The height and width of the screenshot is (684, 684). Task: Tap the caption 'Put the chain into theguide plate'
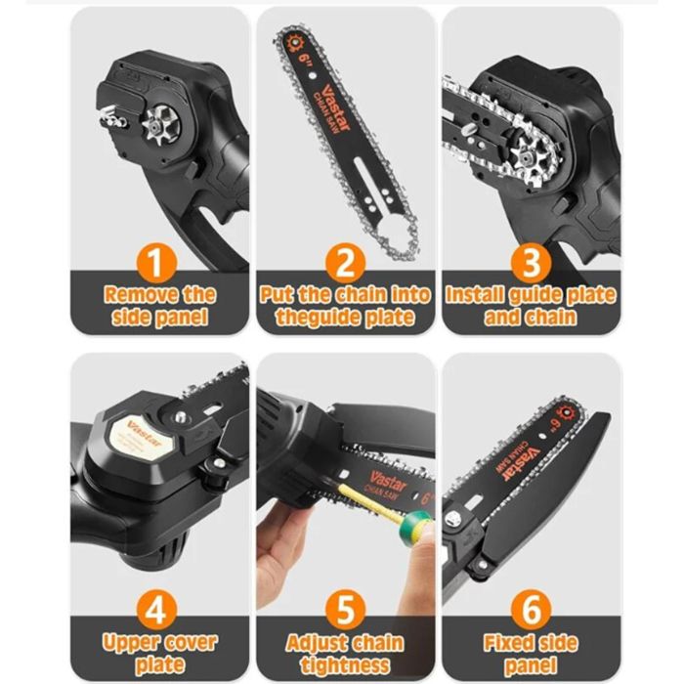click(345, 305)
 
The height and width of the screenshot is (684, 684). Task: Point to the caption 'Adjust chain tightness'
click(345, 653)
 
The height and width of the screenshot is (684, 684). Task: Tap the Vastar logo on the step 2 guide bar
click(324, 83)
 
